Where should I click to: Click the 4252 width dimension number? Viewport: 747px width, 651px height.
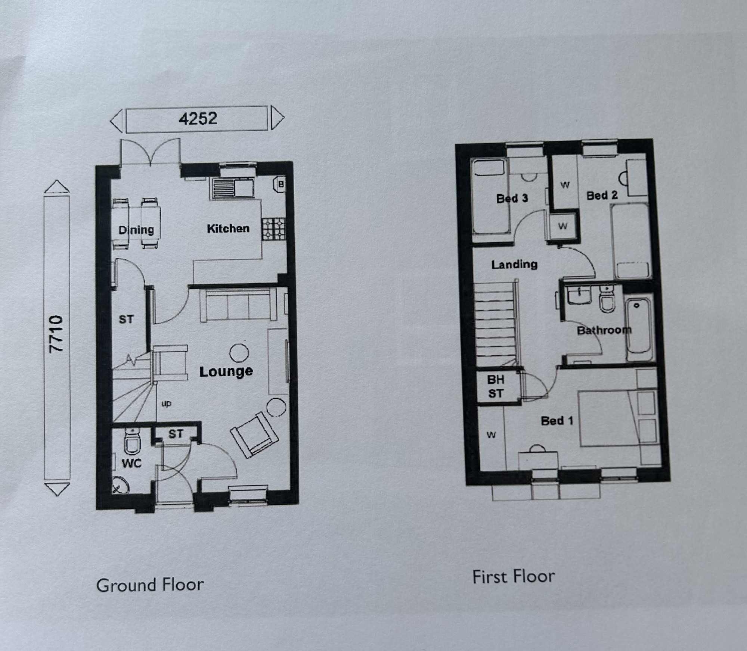tap(198, 119)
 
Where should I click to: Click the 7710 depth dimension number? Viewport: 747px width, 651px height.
tap(56, 334)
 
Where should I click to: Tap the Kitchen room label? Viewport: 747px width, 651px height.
tap(228, 228)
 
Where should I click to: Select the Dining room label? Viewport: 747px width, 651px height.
tap(136, 230)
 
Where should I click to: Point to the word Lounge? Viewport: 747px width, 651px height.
tap(226, 371)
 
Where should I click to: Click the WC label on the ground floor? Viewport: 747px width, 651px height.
tap(132, 464)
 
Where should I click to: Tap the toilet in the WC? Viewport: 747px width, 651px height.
tap(132, 441)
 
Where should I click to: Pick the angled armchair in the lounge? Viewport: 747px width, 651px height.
tap(254, 435)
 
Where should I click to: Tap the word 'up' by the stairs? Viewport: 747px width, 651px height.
tap(167, 404)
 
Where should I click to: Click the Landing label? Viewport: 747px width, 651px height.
tap(514, 265)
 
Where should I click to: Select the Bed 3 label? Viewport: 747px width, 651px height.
tap(512, 198)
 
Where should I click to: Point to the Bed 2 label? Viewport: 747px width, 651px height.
tap(602, 196)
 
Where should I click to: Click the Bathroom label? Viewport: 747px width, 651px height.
tap(604, 330)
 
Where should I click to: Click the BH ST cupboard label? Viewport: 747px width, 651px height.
tap(496, 387)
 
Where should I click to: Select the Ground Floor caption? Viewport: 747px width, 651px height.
tap(150, 585)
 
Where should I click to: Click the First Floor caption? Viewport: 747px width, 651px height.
tap(514, 576)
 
